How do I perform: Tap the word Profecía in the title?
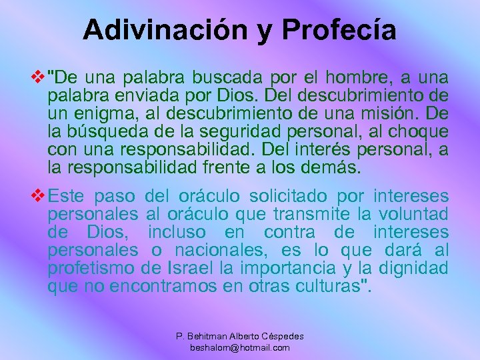[x=339, y=29]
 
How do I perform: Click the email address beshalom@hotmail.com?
[x=240, y=347]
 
